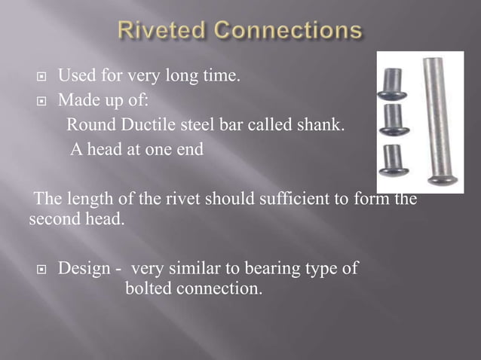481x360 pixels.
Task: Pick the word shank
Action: [322, 124]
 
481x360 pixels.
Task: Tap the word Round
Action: [86, 124]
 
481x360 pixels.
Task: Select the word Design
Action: [83, 268]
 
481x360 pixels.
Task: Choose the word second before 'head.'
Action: [52, 221]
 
